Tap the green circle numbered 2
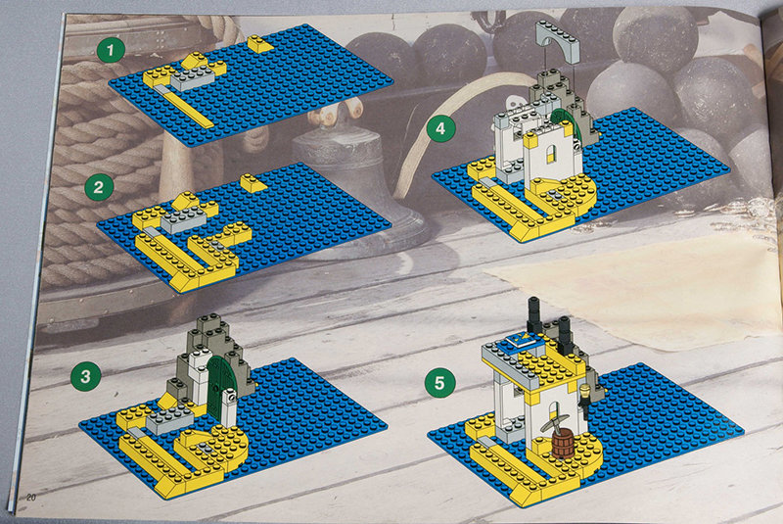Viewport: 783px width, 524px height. tap(99, 187)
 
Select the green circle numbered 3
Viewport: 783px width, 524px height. tap(86, 376)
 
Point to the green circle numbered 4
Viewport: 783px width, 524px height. tap(440, 128)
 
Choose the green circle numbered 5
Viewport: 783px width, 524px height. tap(439, 383)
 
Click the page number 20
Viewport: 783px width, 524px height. tap(31, 497)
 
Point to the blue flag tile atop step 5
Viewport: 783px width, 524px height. tap(518, 343)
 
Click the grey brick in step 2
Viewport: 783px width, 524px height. tap(183, 219)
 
